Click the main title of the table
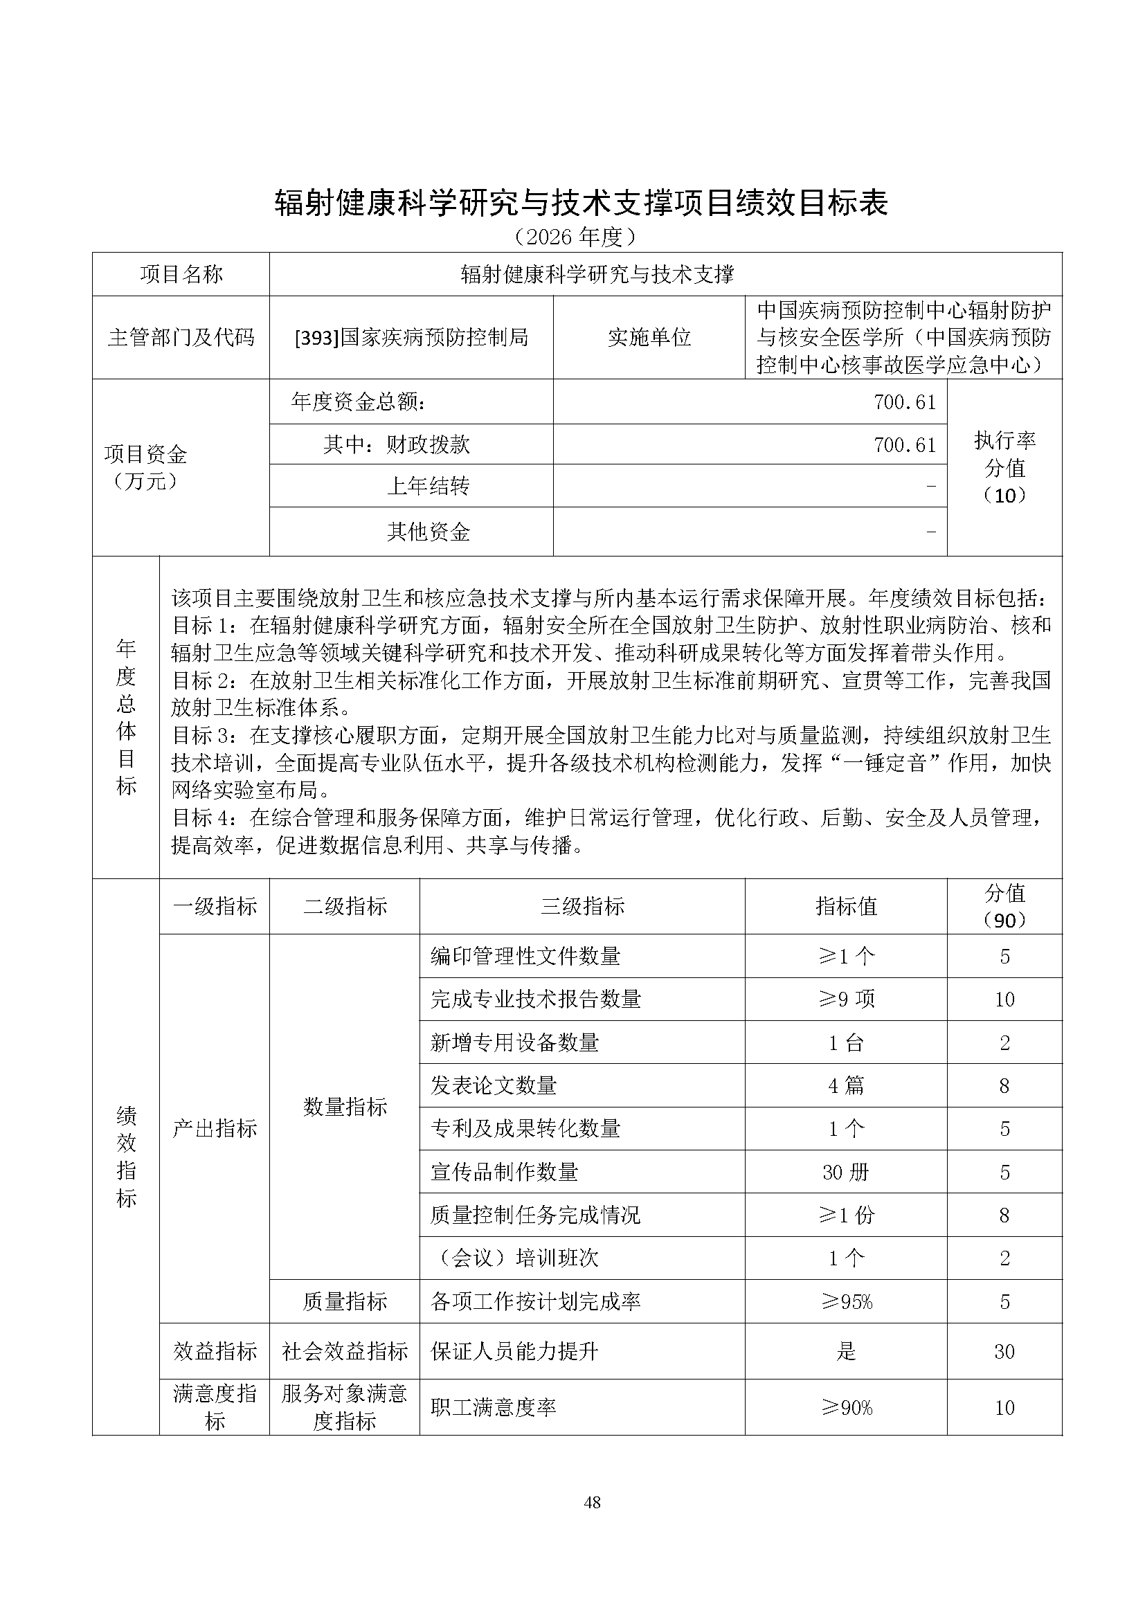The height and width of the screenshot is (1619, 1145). [x=581, y=203]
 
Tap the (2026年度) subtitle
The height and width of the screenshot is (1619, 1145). [x=575, y=237]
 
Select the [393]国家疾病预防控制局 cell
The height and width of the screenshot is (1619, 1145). [x=411, y=338]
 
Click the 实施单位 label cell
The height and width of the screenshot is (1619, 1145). [x=649, y=338]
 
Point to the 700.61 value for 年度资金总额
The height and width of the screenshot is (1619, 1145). [x=905, y=402]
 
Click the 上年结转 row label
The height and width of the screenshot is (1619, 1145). [x=428, y=486]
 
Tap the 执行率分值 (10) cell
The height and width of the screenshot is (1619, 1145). [x=1004, y=467]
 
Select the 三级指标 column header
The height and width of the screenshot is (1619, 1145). [x=582, y=906]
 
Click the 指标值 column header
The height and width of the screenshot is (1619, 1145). [x=846, y=906]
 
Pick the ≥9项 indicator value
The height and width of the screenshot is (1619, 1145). [x=846, y=1000]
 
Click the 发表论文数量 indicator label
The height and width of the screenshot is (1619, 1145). [x=494, y=1085]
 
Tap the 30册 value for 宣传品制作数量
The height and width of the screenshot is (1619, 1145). [x=846, y=1172]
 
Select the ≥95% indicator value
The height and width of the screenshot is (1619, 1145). [x=846, y=1302]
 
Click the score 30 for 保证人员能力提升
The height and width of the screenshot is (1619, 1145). [x=1004, y=1351]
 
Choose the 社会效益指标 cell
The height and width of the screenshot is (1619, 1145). [x=345, y=1351]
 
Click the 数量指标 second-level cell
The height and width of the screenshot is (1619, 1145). [x=345, y=1107]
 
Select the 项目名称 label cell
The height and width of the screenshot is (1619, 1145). [x=181, y=274]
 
